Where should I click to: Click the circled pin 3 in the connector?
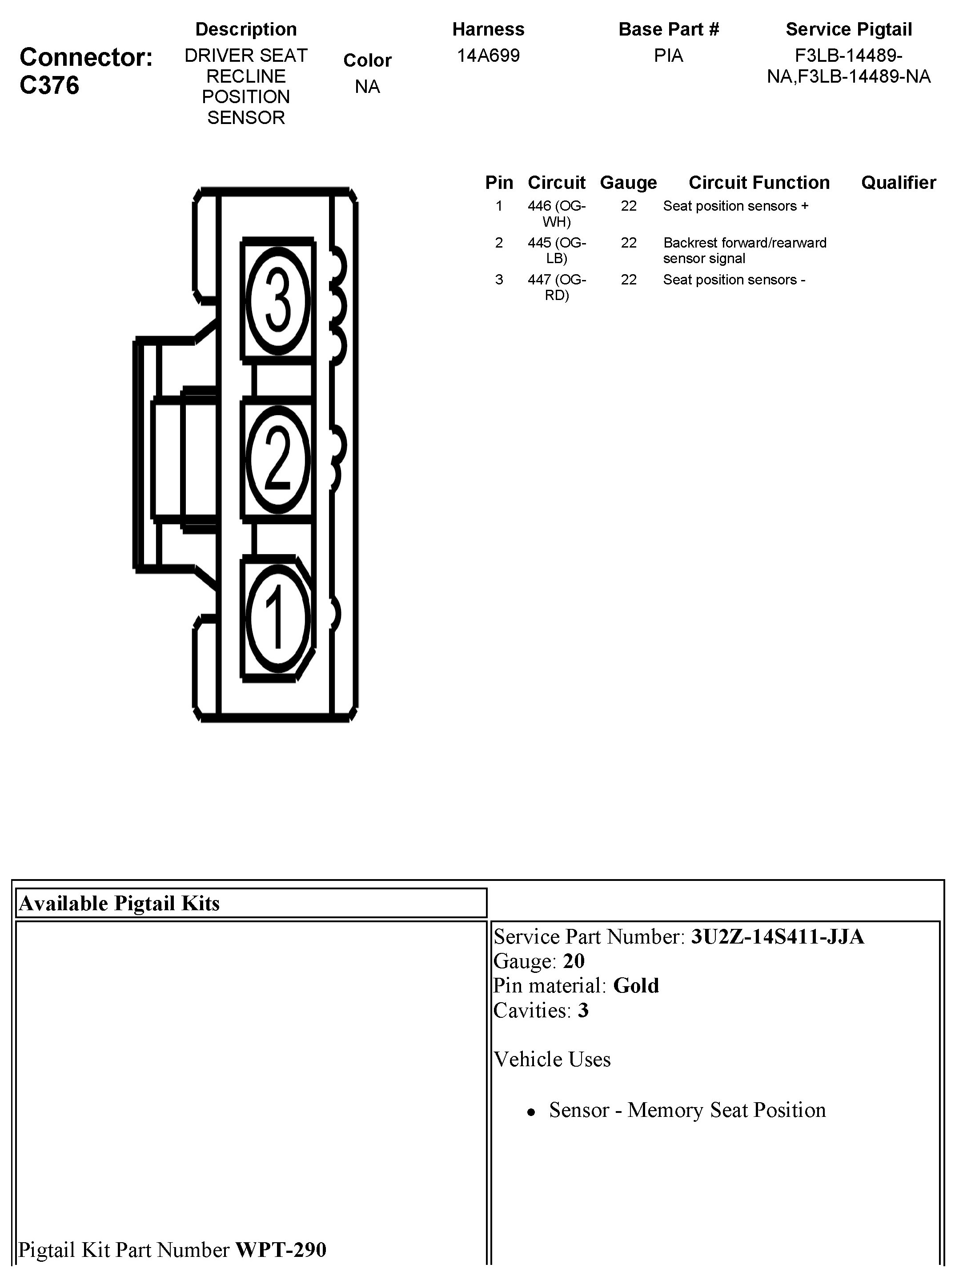[x=278, y=300]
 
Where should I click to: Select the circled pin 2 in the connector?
[x=278, y=460]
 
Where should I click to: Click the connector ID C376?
[x=49, y=85]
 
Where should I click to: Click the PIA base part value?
[x=668, y=56]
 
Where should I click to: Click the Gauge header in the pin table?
[x=628, y=183]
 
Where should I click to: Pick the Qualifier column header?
[x=899, y=183]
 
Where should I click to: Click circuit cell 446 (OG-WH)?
[x=557, y=214]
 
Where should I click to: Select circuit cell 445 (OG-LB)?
[x=557, y=250]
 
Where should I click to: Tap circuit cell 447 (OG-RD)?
[x=557, y=287]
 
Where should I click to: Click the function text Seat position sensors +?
[x=735, y=206]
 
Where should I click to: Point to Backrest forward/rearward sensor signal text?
[x=745, y=250]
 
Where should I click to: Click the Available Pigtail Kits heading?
[x=119, y=903]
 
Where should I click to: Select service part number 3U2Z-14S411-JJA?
[x=777, y=937]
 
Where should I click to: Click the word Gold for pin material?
[x=636, y=985]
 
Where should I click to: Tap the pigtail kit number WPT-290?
[x=281, y=1249]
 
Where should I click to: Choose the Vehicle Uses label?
[x=552, y=1059]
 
